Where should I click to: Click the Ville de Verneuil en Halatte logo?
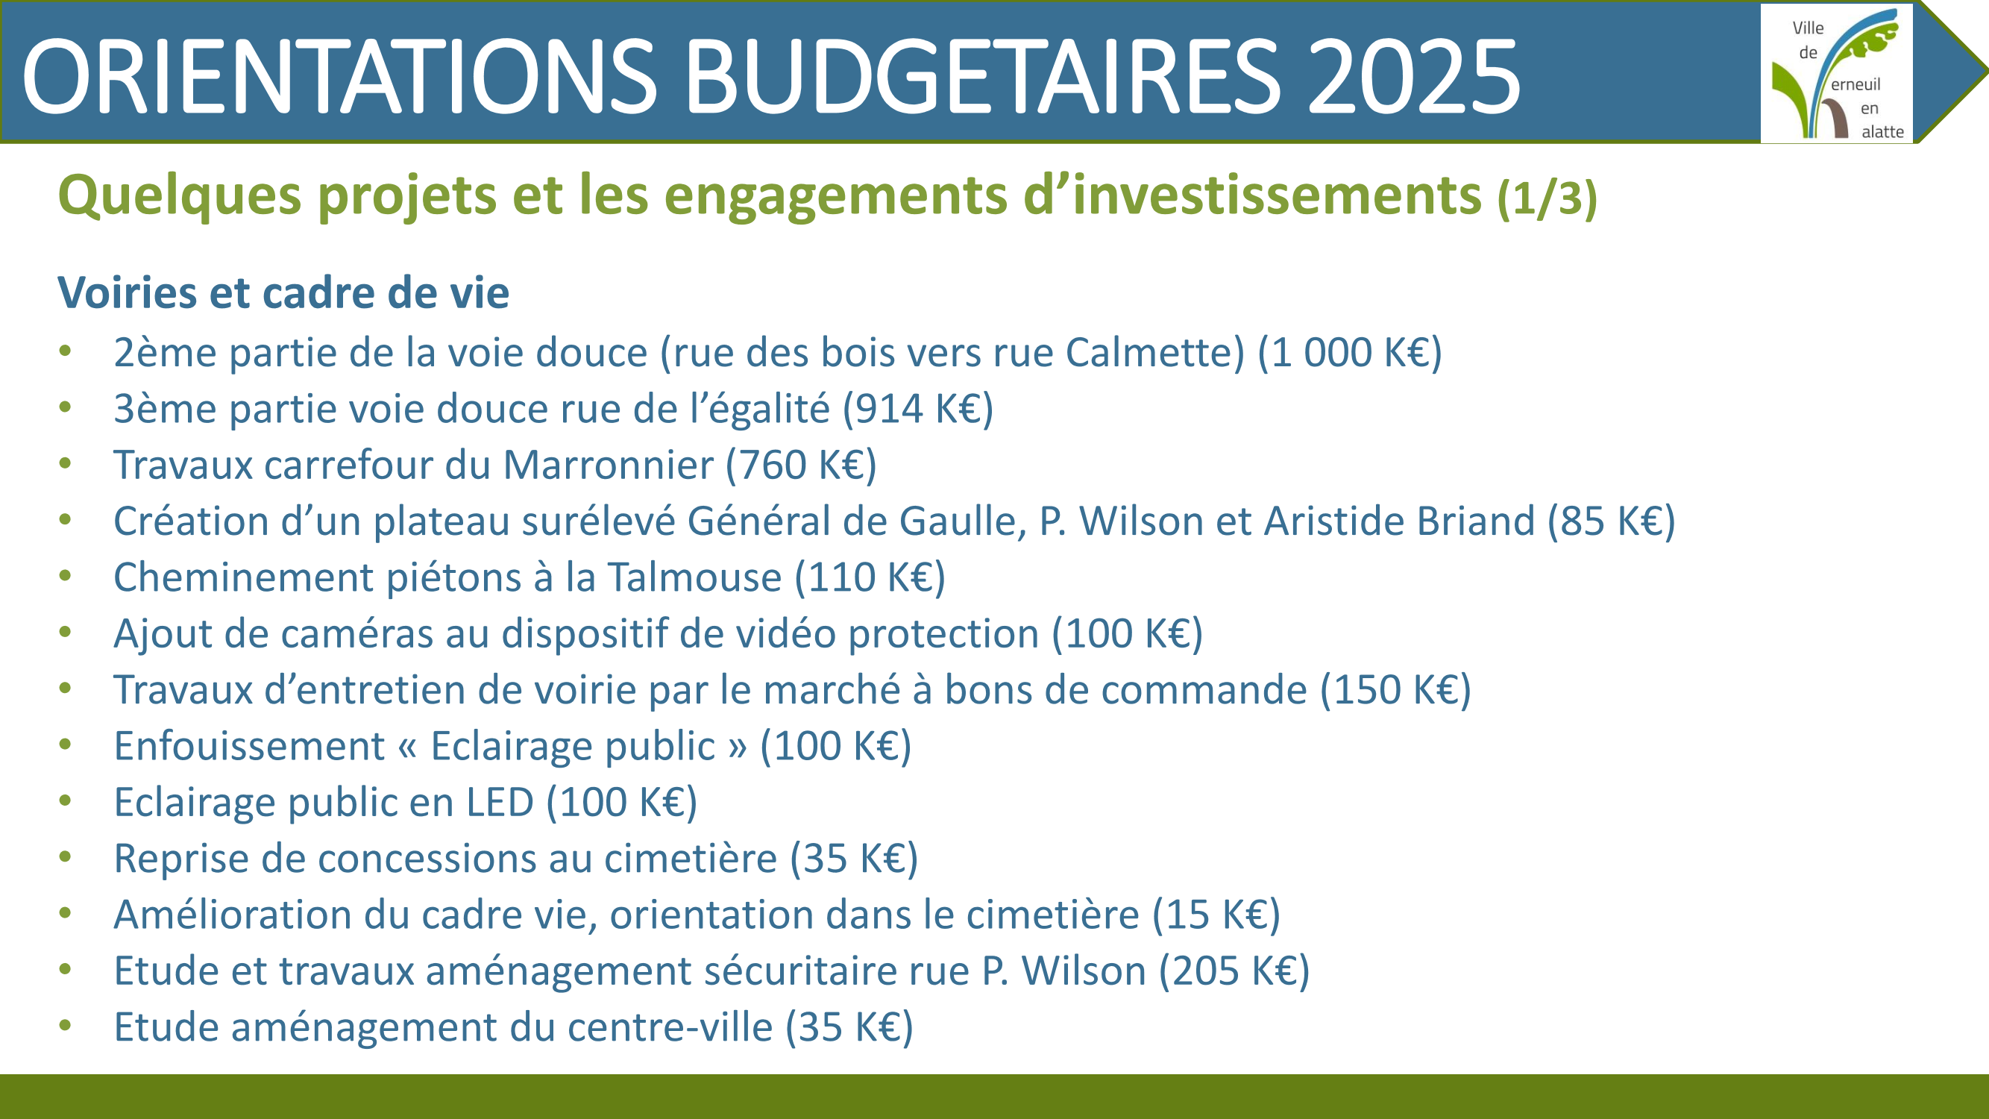1837,73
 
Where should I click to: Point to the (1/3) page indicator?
1547,198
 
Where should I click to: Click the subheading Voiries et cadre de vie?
283,292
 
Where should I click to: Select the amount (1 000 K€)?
1350,353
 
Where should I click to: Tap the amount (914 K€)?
918,410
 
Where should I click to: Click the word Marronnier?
609,465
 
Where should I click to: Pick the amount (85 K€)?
1612,521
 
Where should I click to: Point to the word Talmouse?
694,577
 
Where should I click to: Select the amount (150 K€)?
1396,690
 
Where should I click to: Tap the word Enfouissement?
249,746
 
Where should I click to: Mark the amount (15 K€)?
1216,915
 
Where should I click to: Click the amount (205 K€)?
1234,971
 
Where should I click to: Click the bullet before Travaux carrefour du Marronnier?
65,464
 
